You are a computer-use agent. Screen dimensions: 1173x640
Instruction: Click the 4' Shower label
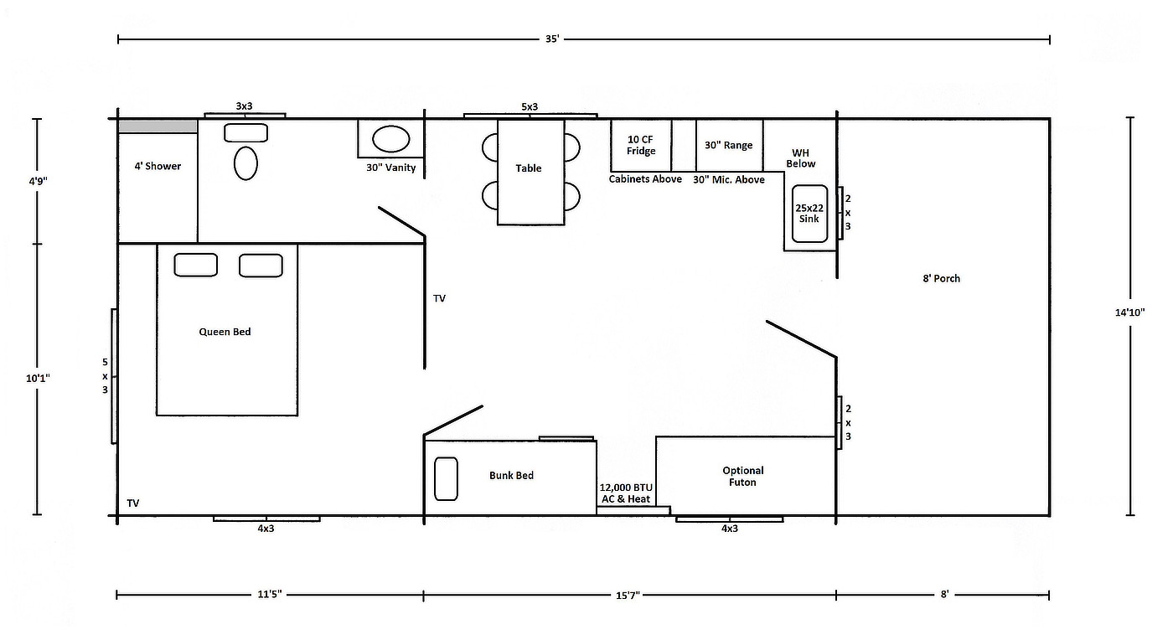click(x=158, y=166)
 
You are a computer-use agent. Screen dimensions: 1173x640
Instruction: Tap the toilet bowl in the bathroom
click(x=245, y=163)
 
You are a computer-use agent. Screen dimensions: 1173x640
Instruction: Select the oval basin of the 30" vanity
click(x=390, y=139)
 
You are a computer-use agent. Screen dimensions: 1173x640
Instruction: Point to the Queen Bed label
click(x=225, y=332)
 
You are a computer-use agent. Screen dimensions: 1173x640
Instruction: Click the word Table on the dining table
click(x=529, y=168)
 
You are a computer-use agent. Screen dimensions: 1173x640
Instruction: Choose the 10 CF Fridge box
click(x=641, y=145)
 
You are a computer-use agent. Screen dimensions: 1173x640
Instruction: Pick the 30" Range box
click(x=729, y=145)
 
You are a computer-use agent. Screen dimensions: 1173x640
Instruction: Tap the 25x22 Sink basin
click(x=809, y=213)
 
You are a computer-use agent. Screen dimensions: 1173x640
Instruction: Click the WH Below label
click(x=801, y=158)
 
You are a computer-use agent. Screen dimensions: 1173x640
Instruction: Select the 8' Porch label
click(x=942, y=279)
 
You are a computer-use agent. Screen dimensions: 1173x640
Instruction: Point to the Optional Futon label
click(x=742, y=476)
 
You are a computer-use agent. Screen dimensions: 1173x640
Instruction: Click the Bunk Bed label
click(x=512, y=476)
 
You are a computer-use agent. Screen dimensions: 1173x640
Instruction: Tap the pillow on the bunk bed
click(x=446, y=478)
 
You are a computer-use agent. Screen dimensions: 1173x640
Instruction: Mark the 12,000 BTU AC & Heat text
click(x=626, y=493)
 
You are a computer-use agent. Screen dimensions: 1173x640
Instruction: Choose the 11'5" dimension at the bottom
click(x=270, y=595)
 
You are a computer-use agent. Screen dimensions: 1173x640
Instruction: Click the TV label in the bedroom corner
click(x=133, y=503)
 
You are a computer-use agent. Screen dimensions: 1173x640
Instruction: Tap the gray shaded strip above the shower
click(x=158, y=126)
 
